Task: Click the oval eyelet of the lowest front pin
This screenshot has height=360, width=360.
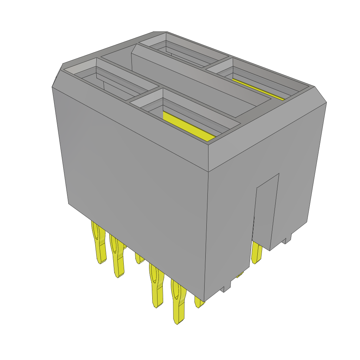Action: tap(176, 292)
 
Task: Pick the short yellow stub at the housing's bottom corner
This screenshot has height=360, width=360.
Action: tap(199, 303)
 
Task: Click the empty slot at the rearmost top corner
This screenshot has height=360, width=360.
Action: tap(183, 51)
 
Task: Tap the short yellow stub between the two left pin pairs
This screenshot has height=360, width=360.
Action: tap(139, 258)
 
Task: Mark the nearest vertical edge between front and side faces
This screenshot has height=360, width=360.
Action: tap(207, 229)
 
